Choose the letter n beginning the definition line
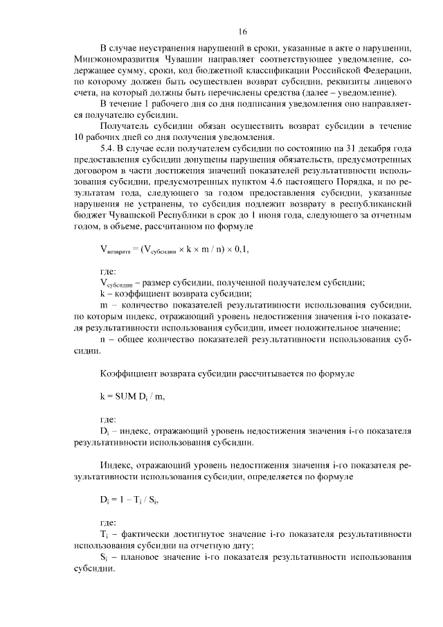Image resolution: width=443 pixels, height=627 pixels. click(102, 339)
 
